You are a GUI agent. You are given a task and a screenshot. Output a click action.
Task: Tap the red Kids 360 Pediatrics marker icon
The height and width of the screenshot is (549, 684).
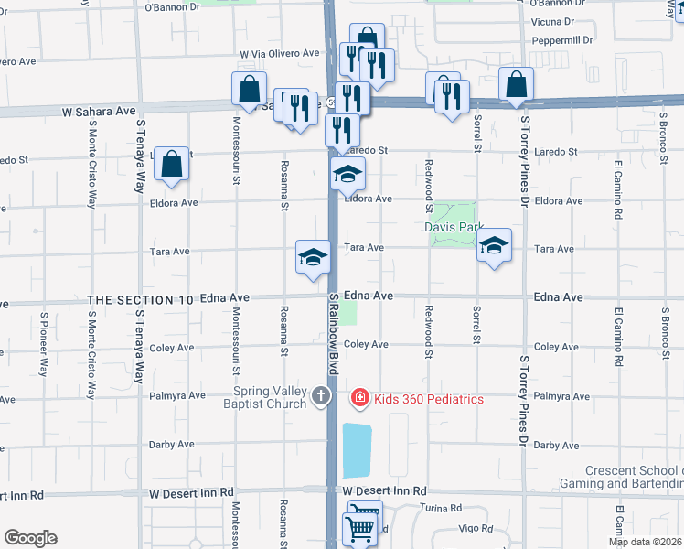pos(360,398)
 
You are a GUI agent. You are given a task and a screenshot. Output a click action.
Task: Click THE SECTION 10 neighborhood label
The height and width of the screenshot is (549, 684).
pos(141,300)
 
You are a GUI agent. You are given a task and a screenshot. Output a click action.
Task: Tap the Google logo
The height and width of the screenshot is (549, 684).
pos(30,538)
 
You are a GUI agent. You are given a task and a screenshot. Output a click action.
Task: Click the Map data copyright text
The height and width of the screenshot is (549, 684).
pos(645,542)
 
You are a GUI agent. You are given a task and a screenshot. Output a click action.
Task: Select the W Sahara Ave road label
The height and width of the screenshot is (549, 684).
pos(99,111)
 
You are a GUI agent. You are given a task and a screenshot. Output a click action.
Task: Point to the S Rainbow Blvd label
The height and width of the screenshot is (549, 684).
pos(333,333)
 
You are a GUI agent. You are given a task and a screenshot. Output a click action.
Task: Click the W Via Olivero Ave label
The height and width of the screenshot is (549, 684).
pos(280,54)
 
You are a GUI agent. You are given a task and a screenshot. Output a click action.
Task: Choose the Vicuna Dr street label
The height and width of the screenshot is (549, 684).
pos(551,20)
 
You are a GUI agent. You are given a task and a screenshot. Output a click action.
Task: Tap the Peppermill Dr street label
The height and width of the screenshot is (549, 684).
pos(561,40)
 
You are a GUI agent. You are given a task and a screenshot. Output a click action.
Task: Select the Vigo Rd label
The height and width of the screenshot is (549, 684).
pos(476,529)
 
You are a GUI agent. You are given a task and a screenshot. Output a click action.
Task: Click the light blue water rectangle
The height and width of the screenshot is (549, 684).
pos(357,449)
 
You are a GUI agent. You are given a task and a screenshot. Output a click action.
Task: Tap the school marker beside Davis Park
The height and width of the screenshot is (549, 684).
pos(494,245)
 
